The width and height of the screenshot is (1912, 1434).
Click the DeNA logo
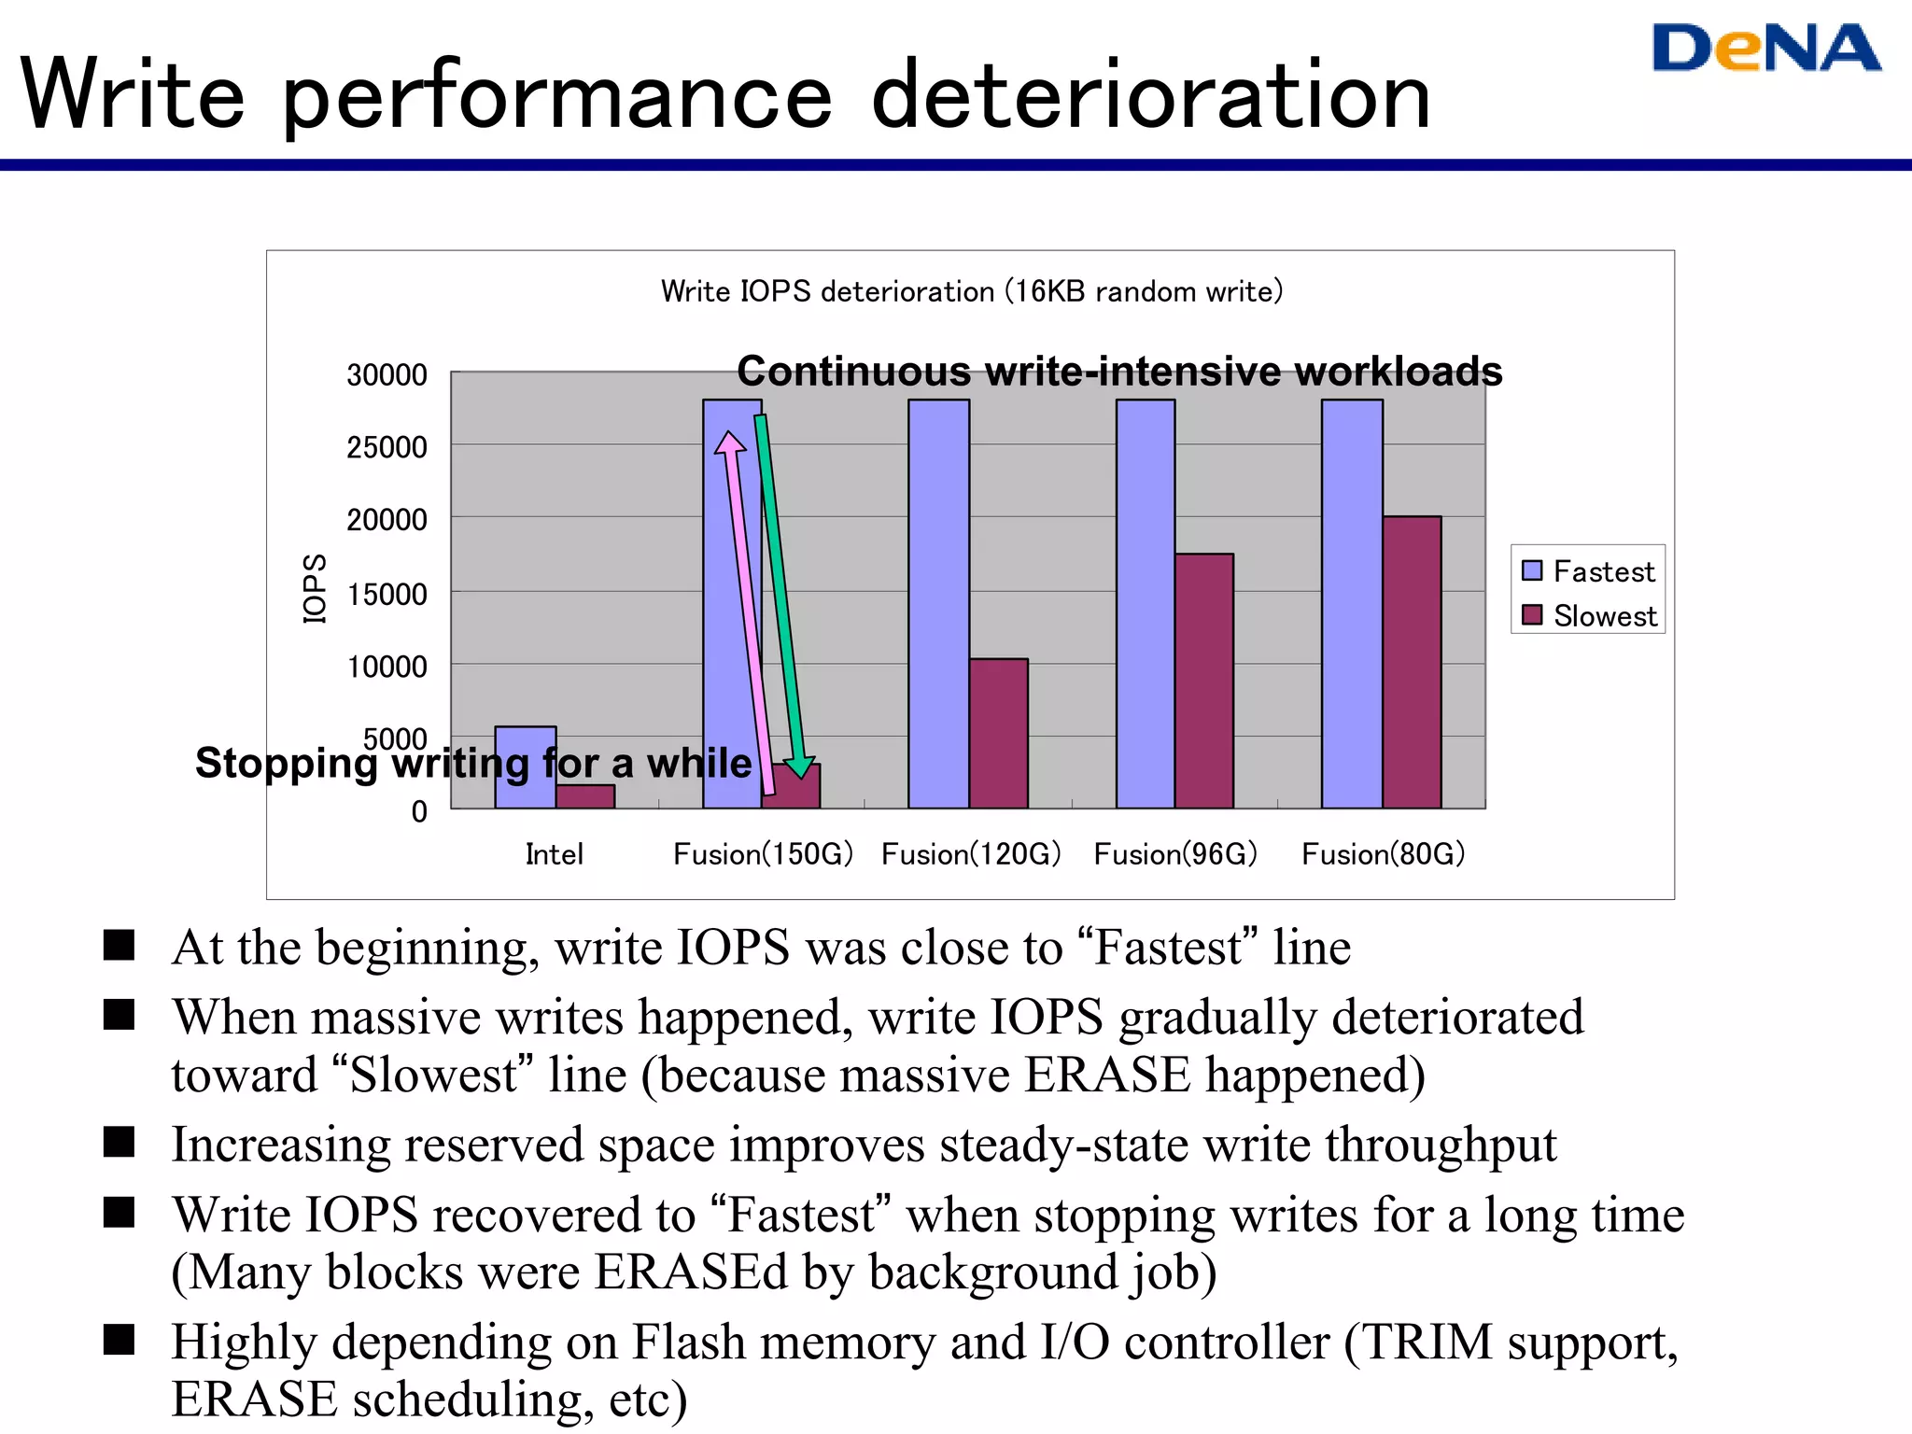click(x=1765, y=49)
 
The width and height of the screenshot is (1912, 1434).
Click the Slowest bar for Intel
click(x=585, y=796)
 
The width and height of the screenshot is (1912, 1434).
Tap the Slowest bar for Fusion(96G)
click(x=1203, y=681)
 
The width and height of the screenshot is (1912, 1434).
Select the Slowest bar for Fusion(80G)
click(x=1411, y=662)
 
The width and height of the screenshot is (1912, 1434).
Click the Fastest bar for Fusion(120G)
click(x=938, y=603)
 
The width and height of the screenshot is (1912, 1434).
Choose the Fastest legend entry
click(x=1589, y=570)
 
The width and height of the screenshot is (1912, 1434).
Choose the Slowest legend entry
click(x=1589, y=615)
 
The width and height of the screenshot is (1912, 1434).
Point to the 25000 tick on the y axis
click(x=387, y=447)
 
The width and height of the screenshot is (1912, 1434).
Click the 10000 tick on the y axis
click(x=387, y=667)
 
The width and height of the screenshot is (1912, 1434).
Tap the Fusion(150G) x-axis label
click(x=763, y=853)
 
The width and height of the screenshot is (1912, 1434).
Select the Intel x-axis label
click(x=554, y=853)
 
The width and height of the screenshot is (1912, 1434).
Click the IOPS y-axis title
click(x=316, y=588)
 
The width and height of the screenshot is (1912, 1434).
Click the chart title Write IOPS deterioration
click(x=971, y=291)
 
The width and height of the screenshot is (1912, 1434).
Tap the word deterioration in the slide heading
click(x=1150, y=95)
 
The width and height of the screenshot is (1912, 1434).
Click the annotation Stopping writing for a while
click(x=472, y=763)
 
